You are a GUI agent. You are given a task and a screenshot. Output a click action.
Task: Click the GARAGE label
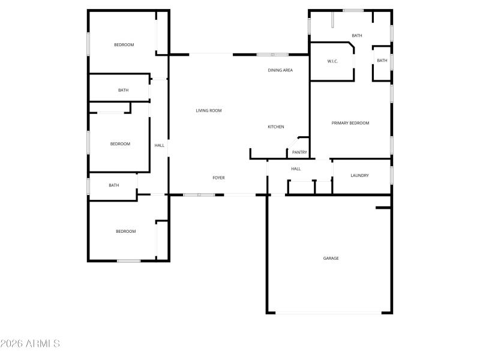coord(331,258)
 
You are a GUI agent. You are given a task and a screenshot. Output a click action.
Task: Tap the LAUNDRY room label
coord(359,175)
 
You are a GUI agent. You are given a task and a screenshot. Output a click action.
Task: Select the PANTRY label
coord(299,152)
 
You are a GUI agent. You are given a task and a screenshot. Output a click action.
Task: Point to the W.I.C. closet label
coord(334,61)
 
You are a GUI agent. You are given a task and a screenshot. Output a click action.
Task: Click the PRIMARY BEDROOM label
coord(350,123)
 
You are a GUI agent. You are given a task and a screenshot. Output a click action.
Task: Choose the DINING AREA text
coord(280,70)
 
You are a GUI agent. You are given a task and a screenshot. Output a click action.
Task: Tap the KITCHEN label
coord(276,127)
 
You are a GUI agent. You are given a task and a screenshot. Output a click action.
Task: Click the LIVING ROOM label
coord(209,110)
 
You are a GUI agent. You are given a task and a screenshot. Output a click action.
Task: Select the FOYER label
coord(218,178)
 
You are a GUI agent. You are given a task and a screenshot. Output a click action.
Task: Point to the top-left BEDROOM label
coord(124,45)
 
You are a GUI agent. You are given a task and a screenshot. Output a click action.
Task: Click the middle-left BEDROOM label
coord(120,144)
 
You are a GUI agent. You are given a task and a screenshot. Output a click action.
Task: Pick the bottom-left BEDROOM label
coord(126,231)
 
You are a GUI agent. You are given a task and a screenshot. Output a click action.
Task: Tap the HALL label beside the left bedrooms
coord(159,145)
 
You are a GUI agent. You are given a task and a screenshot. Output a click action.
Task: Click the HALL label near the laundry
coord(296,169)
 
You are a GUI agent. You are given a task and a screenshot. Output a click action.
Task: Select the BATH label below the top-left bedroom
coord(123,90)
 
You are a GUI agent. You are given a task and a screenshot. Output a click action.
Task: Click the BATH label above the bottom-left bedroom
coord(114,185)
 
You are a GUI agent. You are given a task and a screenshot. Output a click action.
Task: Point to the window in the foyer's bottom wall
coord(199,194)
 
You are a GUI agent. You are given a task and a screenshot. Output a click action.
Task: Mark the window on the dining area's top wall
coord(272,55)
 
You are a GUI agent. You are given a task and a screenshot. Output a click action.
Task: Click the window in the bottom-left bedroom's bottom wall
coord(128,260)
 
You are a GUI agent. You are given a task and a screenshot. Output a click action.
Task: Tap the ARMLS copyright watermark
coord(30,344)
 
